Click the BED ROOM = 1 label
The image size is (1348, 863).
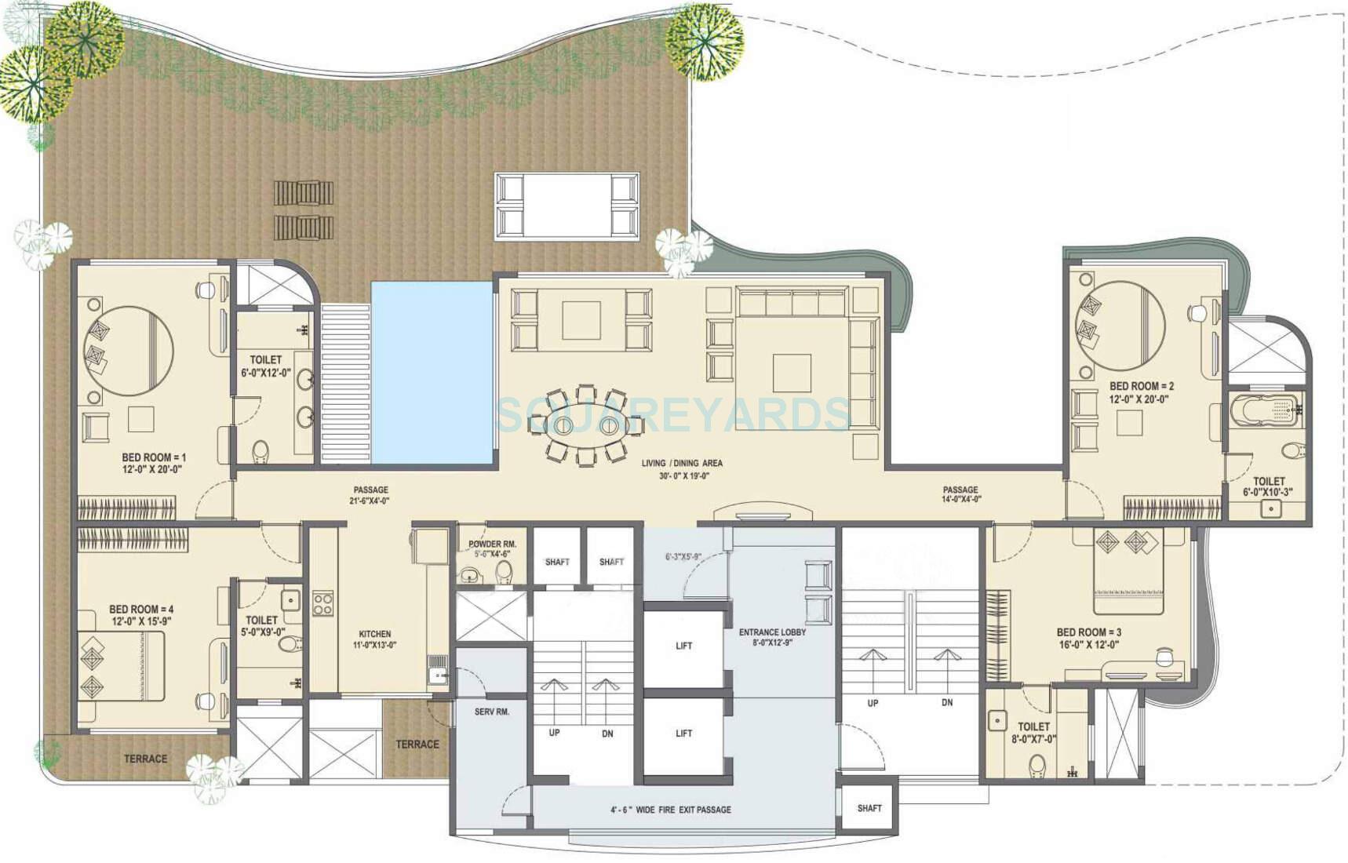point(154,457)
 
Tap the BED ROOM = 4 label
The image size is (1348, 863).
point(141,609)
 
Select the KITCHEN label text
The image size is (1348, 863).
point(375,634)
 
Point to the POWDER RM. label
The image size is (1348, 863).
point(492,544)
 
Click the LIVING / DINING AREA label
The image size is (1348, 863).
point(682,463)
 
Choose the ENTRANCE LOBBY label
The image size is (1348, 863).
point(772,632)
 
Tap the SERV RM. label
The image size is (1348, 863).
point(492,712)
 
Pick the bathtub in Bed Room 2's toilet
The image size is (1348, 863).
point(1265,410)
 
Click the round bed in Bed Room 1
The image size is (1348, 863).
point(129,350)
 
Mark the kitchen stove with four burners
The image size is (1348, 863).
point(323,603)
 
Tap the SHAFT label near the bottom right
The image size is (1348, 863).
point(869,808)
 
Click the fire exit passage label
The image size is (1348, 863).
point(671,810)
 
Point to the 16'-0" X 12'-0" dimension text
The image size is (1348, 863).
point(1088,645)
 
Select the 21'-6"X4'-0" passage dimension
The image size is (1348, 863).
point(370,501)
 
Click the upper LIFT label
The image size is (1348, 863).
point(683,646)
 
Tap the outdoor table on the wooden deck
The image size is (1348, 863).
point(567,206)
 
